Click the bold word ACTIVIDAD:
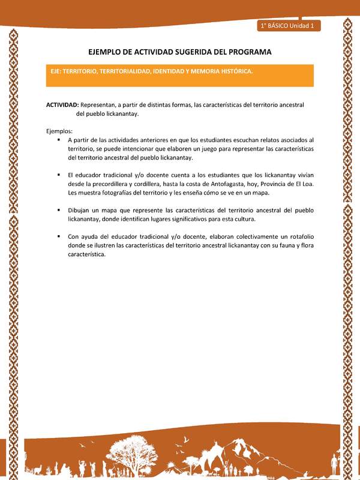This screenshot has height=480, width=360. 62,104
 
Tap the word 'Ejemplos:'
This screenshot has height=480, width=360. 59,131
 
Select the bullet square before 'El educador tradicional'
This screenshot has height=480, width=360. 59,175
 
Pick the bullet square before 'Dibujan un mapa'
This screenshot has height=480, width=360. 59,210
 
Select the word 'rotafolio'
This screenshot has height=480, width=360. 300,236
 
